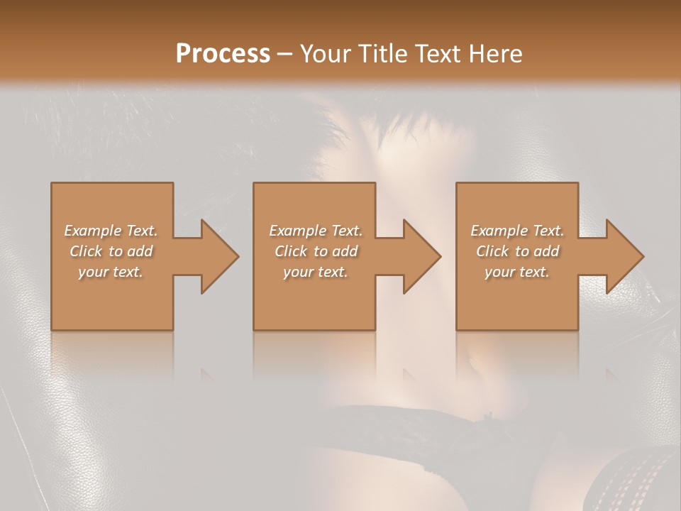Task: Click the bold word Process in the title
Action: tap(223, 54)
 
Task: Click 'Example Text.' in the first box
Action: tap(111, 231)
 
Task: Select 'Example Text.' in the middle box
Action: tap(315, 231)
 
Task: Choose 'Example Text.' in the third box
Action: tap(517, 231)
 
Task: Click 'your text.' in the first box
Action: tap(110, 272)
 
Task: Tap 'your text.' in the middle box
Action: tap(315, 272)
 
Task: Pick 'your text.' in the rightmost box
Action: tap(516, 272)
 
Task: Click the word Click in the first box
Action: tap(87, 251)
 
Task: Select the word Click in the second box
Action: tap(292, 251)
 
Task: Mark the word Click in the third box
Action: tap(493, 251)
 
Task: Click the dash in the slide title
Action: tap(284, 54)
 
